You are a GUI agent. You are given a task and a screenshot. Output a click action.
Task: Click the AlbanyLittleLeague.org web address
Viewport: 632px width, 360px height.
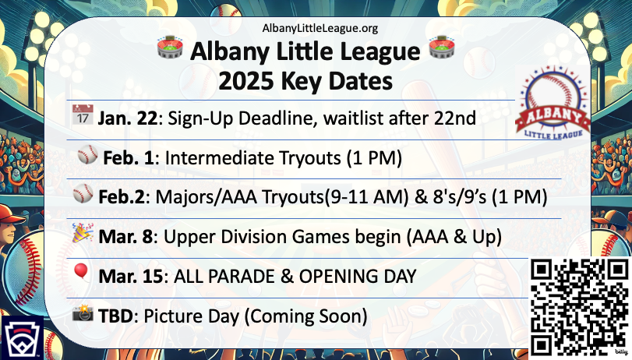[x=320, y=28]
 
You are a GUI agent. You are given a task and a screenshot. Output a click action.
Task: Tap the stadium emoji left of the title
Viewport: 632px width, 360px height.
[x=170, y=48]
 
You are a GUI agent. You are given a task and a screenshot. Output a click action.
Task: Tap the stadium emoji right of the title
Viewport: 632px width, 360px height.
[x=442, y=48]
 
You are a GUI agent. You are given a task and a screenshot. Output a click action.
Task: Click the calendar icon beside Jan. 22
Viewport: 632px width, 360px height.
[x=83, y=115]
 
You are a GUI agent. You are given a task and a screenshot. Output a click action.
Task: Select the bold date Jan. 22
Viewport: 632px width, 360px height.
[x=127, y=118]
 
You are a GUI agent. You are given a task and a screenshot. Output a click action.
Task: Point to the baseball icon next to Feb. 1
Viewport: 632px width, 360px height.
[x=87, y=154]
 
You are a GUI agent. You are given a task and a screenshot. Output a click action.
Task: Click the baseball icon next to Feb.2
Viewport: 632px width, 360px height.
[x=83, y=193]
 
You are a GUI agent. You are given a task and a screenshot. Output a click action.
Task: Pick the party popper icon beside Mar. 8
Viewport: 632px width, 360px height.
[x=83, y=233]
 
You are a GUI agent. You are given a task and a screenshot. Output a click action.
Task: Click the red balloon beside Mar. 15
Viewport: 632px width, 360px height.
[x=81, y=272]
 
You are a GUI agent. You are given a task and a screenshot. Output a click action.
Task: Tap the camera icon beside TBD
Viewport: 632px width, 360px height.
[x=83, y=312]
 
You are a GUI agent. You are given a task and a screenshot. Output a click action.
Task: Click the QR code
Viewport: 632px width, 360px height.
[x=580, y=307]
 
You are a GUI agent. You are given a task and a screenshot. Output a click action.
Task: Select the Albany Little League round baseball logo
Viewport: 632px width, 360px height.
[x=553, y=103]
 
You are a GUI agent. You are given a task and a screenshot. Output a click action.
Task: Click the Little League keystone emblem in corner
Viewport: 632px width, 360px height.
[x=23, y=338]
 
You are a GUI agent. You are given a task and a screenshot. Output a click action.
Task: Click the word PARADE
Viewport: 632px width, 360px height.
[x=242, y=277]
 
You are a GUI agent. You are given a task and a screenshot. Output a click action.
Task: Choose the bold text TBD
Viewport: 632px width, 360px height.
[x=115, y=316]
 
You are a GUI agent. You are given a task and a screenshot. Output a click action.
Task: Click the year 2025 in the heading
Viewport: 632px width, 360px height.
[x=245, y=81]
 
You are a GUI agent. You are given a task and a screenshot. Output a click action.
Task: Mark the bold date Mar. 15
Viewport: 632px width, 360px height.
[x=131, y=277]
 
